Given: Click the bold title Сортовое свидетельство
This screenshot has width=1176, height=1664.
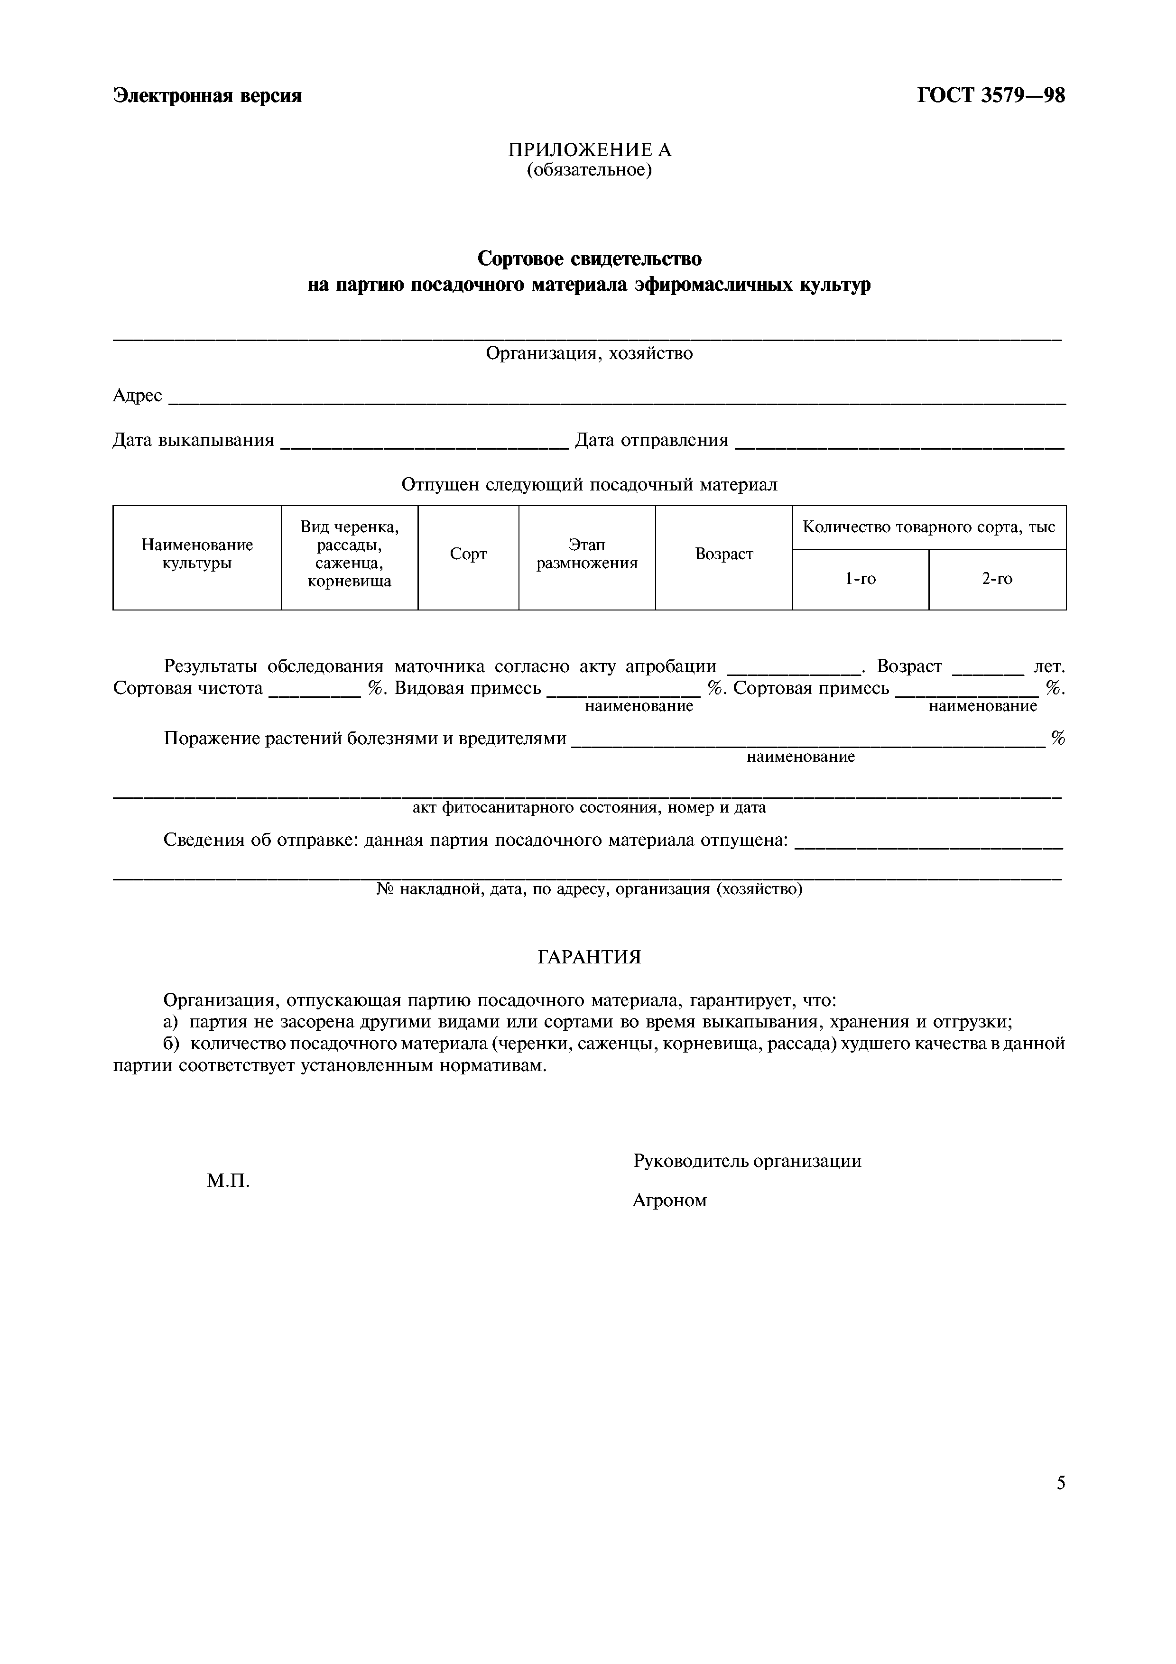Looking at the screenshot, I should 589,258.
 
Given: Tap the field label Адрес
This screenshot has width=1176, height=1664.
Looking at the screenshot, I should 138,396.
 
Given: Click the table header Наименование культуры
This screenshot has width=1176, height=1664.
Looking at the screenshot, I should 197,554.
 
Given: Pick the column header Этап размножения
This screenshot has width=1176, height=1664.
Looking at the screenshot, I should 587,554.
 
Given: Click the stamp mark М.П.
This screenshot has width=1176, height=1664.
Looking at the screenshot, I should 228,1181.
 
